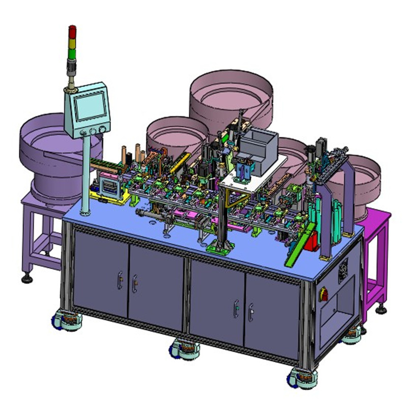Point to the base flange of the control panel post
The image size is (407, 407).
85,211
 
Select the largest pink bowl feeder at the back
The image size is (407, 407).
231,99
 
